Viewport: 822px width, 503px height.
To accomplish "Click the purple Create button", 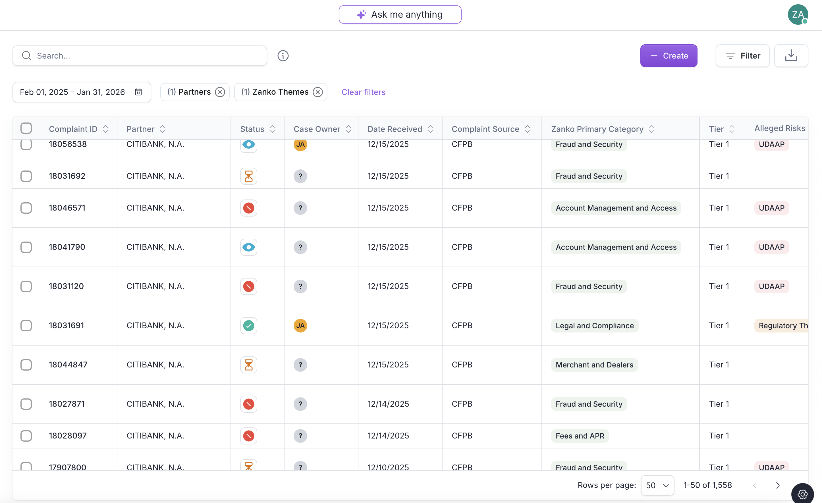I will [x=668, y=56].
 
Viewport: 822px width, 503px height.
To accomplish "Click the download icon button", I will [x=791, y=56].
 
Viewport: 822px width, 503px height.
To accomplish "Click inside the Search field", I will [x=140, y=56].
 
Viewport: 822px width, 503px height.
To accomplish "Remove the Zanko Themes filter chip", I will [x=317, y=92].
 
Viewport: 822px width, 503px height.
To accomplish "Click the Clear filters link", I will [x=363, y=92].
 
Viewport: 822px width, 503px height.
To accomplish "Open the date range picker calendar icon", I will [x=138, y=92].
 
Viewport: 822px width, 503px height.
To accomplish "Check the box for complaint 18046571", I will [x=26, y=208].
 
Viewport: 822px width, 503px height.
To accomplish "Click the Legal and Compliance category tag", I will [x=595, y=326].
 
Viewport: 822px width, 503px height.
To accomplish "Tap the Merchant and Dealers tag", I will [x=594, y=365].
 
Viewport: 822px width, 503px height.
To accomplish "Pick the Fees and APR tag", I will [x=580, y=436].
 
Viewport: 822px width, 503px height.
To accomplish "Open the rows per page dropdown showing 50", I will [x=657, y=485].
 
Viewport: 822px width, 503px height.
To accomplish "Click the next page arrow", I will [x=778, y=485].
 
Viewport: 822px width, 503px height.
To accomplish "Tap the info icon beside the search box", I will [x=283, y=56].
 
